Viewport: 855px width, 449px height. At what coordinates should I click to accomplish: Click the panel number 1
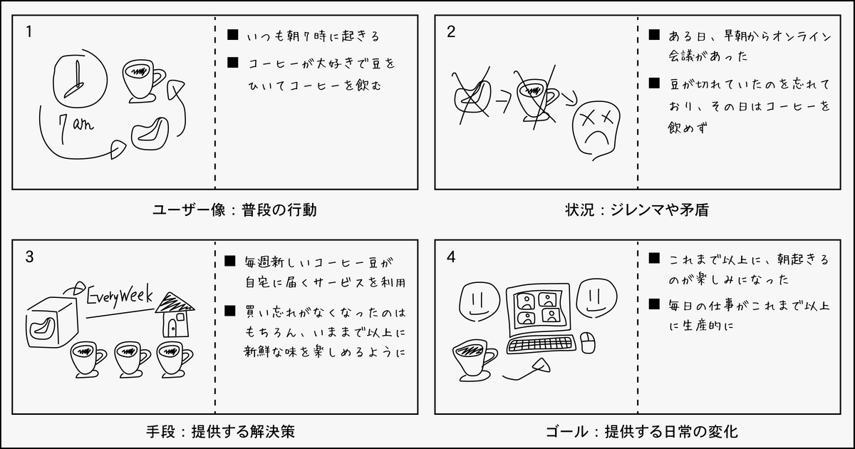tap(28, 31)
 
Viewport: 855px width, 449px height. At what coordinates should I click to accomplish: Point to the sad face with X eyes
tap(595, 125)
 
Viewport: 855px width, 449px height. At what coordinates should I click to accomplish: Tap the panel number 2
tap(451, 31)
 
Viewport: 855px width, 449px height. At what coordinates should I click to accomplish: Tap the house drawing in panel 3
tap(174, 314)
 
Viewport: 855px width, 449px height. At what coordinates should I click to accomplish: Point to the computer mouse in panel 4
tap(588, 343)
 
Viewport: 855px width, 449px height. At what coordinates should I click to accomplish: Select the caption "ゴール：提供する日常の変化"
tap(641, 431)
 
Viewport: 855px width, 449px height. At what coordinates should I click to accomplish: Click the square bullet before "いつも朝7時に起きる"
tap(232, 34)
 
